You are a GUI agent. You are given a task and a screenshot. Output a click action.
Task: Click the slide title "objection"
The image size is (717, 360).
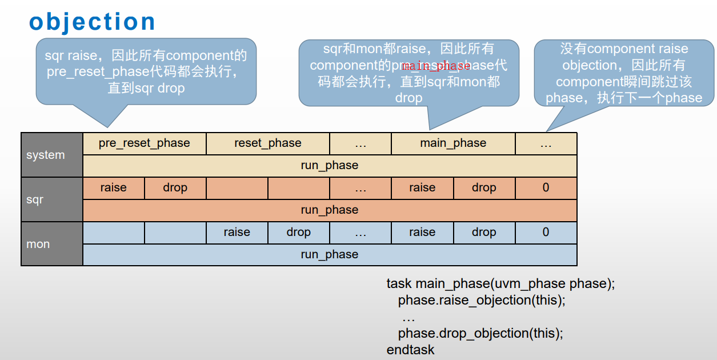pos(92,22)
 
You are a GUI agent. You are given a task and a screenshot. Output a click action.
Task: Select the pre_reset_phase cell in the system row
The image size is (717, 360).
pos(144,143)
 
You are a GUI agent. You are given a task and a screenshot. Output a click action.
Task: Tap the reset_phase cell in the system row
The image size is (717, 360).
pos(267,143)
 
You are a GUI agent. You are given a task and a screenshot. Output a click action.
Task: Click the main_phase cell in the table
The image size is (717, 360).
pos(453,143)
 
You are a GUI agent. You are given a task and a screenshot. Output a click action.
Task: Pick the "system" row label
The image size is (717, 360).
pos(46,155)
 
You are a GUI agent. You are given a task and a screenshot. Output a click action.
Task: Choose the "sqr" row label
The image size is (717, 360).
pos(35,200)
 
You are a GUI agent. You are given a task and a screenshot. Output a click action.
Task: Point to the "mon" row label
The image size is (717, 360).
pos(38,244)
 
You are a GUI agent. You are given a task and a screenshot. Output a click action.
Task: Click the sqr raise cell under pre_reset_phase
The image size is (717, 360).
pos(114,188)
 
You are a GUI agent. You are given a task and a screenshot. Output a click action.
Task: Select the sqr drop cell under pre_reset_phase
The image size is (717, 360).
pos(175,188)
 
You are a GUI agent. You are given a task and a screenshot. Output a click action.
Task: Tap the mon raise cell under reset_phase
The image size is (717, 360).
pos(237,233)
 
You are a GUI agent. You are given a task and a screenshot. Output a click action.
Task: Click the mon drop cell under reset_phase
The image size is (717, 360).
pos(298,233)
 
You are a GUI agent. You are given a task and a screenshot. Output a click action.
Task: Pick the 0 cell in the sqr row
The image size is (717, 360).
pos(546,188)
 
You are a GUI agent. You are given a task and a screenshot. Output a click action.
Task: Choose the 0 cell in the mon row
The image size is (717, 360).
pos(546,233)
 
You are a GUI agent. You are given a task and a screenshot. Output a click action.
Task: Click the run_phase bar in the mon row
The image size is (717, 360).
pos(330,255)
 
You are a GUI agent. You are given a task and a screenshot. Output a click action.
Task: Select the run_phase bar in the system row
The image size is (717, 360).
pos(330,166)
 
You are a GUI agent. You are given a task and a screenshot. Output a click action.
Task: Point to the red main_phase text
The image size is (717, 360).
pos(436,66)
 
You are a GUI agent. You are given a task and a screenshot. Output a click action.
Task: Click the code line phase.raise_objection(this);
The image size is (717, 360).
pos(481,300)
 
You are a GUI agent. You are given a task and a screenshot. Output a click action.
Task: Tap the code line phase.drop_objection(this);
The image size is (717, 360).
pos(480,333)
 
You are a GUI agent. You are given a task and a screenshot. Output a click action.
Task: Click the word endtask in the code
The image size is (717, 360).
pos(410,349)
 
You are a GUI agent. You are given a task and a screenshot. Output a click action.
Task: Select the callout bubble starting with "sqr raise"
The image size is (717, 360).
pos(146,72)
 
